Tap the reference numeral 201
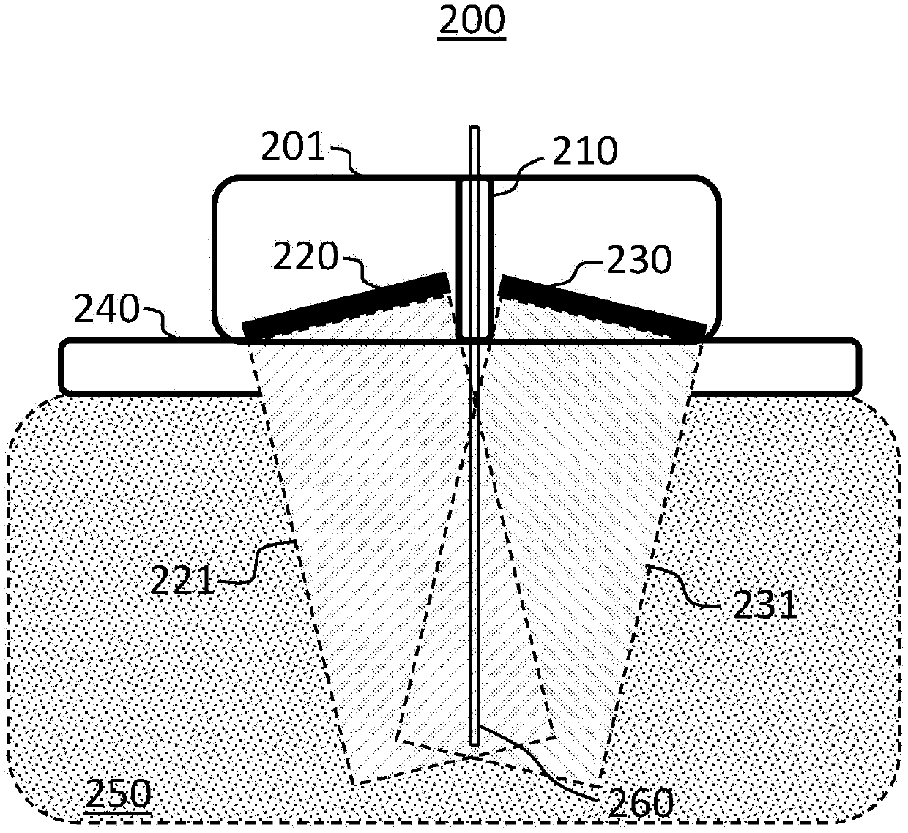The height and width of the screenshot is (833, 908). point(294,148)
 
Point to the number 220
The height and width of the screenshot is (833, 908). point(305,258)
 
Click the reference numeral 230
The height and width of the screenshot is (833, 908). point(638,261)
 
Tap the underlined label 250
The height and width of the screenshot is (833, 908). point(118,794)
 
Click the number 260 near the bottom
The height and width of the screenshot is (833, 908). point(639,803)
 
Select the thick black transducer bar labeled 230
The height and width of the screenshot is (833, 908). point(603,308)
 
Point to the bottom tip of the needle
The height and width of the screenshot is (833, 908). point(475,736)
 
